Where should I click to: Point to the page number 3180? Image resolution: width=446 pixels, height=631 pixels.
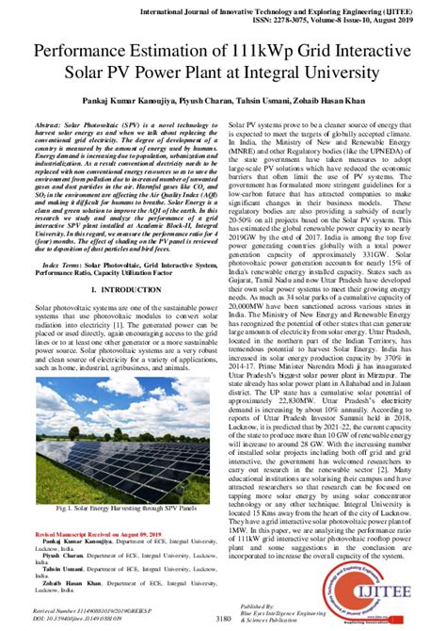tap(224, 618)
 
